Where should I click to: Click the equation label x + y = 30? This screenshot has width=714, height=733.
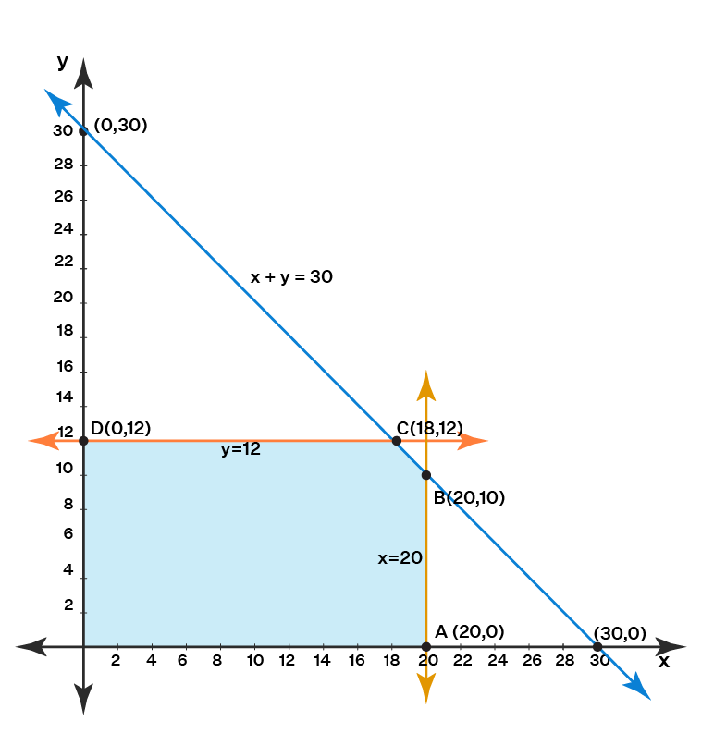click(x=291, y=276)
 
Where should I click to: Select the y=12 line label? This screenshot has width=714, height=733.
click(x=240, y=450)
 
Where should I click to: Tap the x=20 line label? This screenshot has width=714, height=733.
click(x=400, y=558)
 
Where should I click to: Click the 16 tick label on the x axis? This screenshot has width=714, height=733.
click(x=356, y=662)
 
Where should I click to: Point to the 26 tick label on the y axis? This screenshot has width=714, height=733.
click(x=63, y=198)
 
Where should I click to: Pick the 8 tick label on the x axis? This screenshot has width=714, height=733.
click(x=217, y=662)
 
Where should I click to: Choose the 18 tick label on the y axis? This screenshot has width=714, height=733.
click(x=63, y=331)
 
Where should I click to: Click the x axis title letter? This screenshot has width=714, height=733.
click(x=663, y=662)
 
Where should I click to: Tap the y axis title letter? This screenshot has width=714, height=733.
click(x=63, y=62)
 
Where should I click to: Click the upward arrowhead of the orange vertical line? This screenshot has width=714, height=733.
click(x=426, y=381)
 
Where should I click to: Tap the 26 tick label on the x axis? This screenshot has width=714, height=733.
click(x=531, y=662)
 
